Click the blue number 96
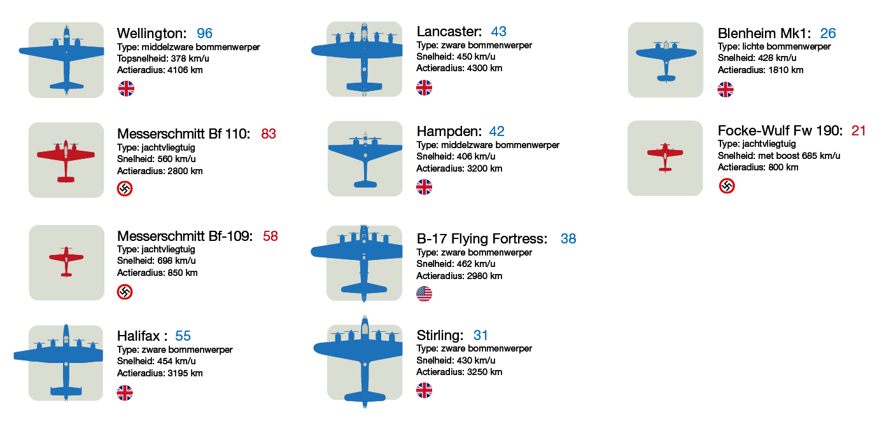click(x=204, y=34)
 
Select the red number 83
click(x=269, y=134)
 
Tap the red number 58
click(x=270, y=236)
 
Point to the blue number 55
click(x=183, y=336)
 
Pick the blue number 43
click(x=498, y=32)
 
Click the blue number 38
click(x=568, y=239)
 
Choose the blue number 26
click(x=827, y=34)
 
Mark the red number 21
click(x=859, y=131)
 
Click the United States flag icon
click(x=424, y=294)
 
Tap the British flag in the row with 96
click(x=126, y=88)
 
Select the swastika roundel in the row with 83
click(x=125, y=188)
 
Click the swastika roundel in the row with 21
click(x=727, y=186)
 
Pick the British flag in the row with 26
click(x=726, y=90)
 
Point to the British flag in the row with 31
click(x=424, y=390)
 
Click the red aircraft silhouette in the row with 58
click(x=66, y=261)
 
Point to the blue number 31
click(x=481, y=336)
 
